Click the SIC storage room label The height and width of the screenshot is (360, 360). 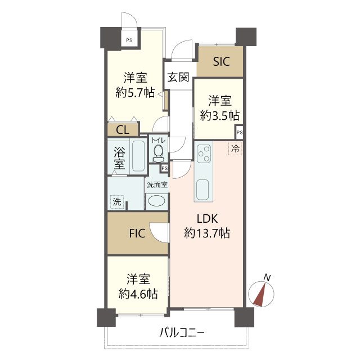221,62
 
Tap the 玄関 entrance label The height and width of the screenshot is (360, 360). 178,78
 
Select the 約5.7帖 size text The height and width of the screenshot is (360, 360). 135,93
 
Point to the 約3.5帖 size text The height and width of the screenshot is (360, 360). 220,114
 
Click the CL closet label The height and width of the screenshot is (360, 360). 123,130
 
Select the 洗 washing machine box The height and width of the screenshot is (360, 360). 116,201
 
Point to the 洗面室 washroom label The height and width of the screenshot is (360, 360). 157,184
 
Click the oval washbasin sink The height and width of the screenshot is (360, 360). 157,201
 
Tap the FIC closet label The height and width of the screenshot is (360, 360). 137,232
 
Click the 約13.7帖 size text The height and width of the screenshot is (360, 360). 206,233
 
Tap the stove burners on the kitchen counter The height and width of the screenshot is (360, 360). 203,153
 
